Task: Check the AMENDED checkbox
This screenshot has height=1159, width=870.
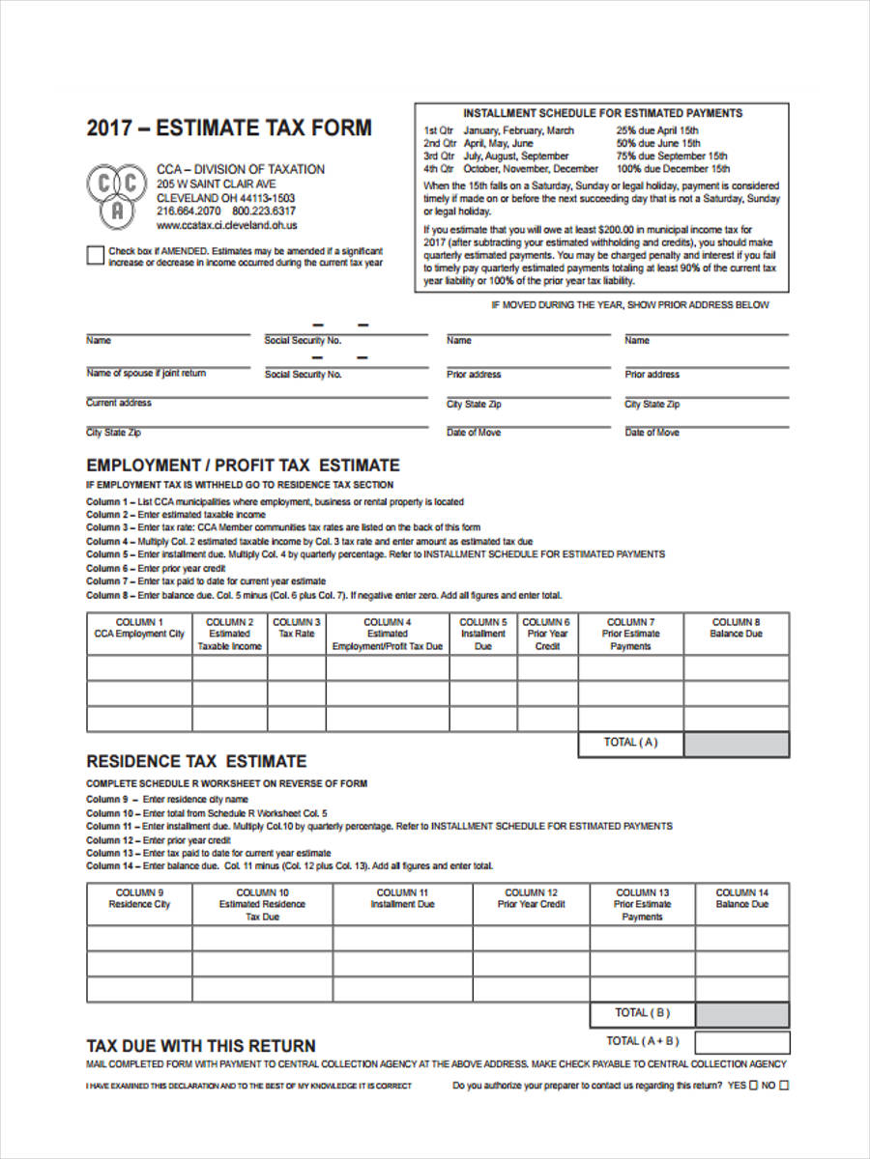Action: tap(95, 255)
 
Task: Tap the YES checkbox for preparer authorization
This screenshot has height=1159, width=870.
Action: tap(754, 1085)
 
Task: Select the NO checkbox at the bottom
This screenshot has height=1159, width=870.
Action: tap(784, 1085)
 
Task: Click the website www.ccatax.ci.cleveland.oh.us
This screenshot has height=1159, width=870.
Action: tap(226, 225)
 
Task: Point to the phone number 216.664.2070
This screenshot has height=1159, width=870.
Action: tap(189, 212)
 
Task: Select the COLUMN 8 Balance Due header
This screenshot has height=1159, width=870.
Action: tap(736, 629)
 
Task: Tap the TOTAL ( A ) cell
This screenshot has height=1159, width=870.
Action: tap(630, 743)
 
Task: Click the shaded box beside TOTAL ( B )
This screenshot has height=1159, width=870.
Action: tap(741, 1014)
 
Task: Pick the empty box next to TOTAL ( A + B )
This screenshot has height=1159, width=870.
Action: tap(741, 1042)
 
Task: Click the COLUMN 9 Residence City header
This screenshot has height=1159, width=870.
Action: tap(139, 899)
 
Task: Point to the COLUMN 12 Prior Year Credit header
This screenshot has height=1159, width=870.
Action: tap(531, 899)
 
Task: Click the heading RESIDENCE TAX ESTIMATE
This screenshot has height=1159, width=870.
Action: tap(196, 761)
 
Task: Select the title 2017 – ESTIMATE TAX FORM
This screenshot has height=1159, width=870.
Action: tap(229, 128)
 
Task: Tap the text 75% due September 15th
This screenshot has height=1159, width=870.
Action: tap(672, 155)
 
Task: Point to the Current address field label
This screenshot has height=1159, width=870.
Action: tap(119, 403)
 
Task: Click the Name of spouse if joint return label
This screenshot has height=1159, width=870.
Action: tap(146, 373)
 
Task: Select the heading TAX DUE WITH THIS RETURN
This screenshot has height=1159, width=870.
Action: tap(201, 1045)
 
